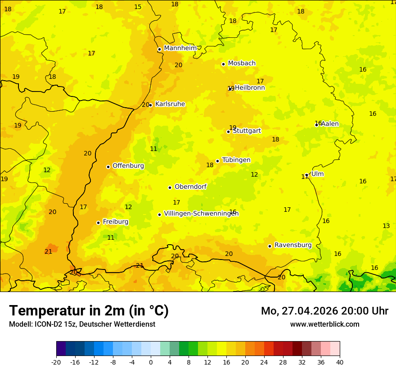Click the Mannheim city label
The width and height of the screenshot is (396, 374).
(x=180, y=48)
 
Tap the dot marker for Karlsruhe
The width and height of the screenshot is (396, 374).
(x=151, y=105)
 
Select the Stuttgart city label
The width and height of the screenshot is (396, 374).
(x=247, y=131)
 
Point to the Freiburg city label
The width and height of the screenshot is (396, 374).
(x=115, y=222)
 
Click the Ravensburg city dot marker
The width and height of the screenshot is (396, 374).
(x=270, y=246)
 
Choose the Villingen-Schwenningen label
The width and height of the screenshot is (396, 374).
(x=201, y=214)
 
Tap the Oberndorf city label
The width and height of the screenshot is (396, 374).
(x=190, y=187)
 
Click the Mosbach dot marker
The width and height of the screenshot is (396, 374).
(x=223, y=64)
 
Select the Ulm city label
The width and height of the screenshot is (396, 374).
(x=317, y=174)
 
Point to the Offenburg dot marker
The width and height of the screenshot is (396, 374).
(x=108, y=167)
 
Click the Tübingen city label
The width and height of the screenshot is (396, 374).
(x=236, y=160)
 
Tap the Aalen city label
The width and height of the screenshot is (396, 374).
(x=329, y=124)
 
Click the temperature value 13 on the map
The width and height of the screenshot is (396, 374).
(x=386, y=226)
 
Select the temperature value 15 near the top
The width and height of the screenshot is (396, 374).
(x=138, y=7)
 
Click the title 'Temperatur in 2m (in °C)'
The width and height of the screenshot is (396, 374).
(x=89, y=310)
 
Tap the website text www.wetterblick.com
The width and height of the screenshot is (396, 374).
(x=324, y=324)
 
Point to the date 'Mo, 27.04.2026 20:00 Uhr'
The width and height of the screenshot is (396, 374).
(x=324, y=311)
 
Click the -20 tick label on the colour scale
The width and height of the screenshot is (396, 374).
(x=56, y=362)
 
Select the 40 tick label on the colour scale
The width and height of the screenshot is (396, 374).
(x=340, y=362)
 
